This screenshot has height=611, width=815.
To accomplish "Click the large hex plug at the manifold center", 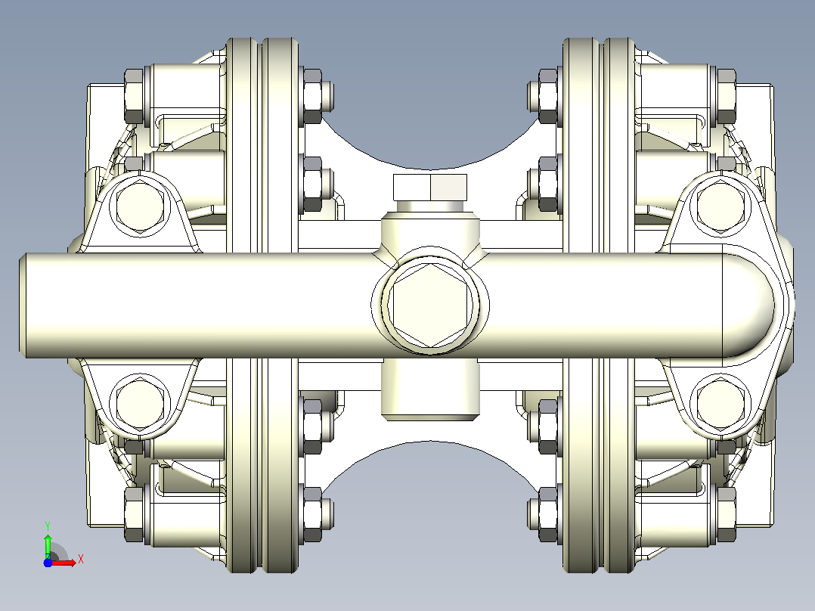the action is tap(430, 305).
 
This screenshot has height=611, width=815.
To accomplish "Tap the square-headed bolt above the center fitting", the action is tap(430, 188).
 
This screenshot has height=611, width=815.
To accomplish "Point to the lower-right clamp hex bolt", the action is tap(721, 404).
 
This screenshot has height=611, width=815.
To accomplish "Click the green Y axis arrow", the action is tap(48, 544).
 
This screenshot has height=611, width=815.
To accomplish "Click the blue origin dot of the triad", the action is tap(48, 563).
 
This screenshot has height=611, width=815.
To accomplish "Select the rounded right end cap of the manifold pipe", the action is tap(749, 305).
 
